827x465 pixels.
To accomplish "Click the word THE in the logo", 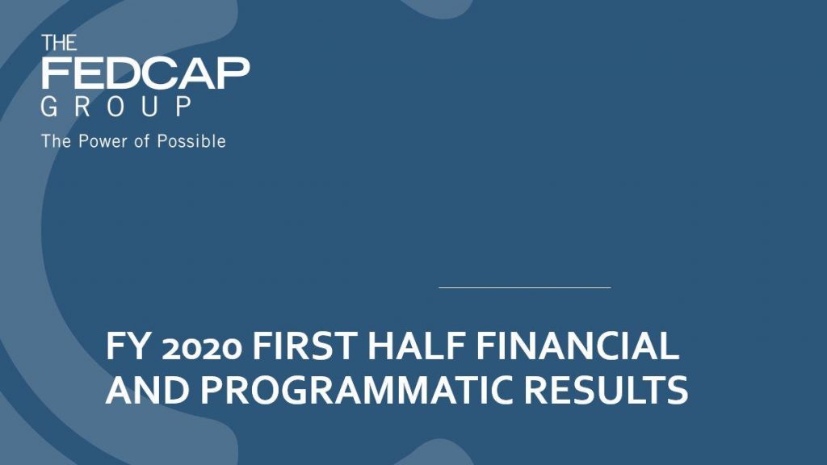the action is (59, 43).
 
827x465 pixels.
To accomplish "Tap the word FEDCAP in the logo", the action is (145, 73).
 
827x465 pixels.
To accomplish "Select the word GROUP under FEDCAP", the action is (116, 107).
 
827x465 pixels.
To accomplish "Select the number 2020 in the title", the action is (201, 349).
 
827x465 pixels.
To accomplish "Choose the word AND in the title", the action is (148, 390).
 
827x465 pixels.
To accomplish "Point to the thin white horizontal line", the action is (525, 288).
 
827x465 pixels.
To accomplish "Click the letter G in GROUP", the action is (49, 107).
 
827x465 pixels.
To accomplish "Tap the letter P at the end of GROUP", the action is (183, 107).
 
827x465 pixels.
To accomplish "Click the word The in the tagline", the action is (56, 141).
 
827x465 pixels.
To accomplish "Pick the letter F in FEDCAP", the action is (55, 73).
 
